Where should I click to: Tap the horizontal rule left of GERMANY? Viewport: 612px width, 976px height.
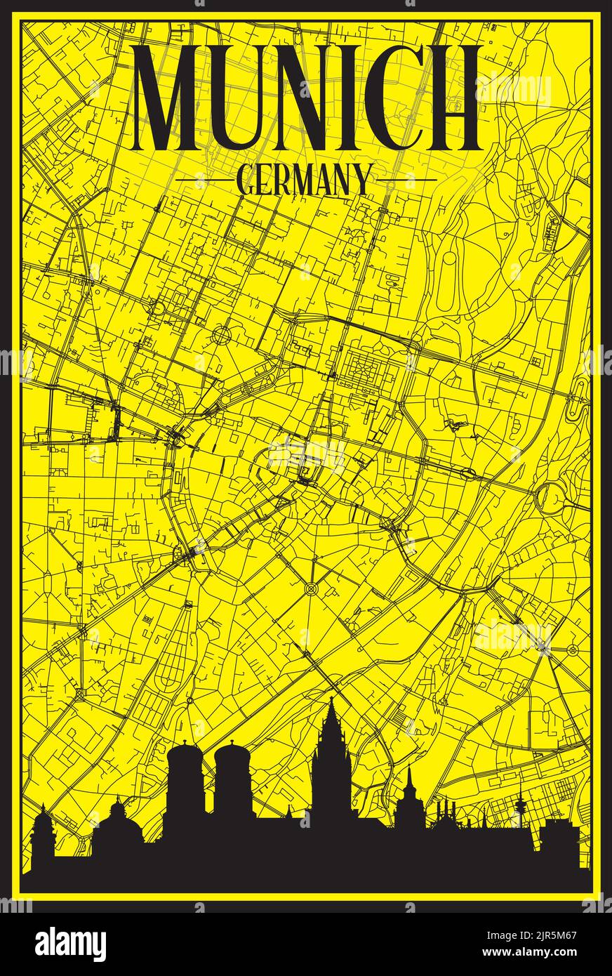(204, 180)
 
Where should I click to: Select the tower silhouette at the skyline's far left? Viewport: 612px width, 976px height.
(42, 832)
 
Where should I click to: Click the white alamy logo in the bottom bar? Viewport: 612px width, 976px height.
(71, 944)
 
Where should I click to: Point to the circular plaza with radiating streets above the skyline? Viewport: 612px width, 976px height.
(311, 587)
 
